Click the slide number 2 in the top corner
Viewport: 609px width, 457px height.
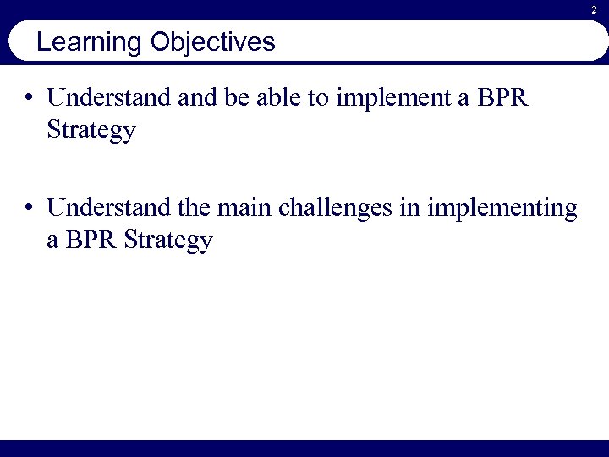(x=594, y=9)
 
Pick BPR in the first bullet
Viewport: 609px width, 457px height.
(x=502, y=98)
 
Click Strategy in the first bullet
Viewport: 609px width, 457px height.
(x=91, y=133)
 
